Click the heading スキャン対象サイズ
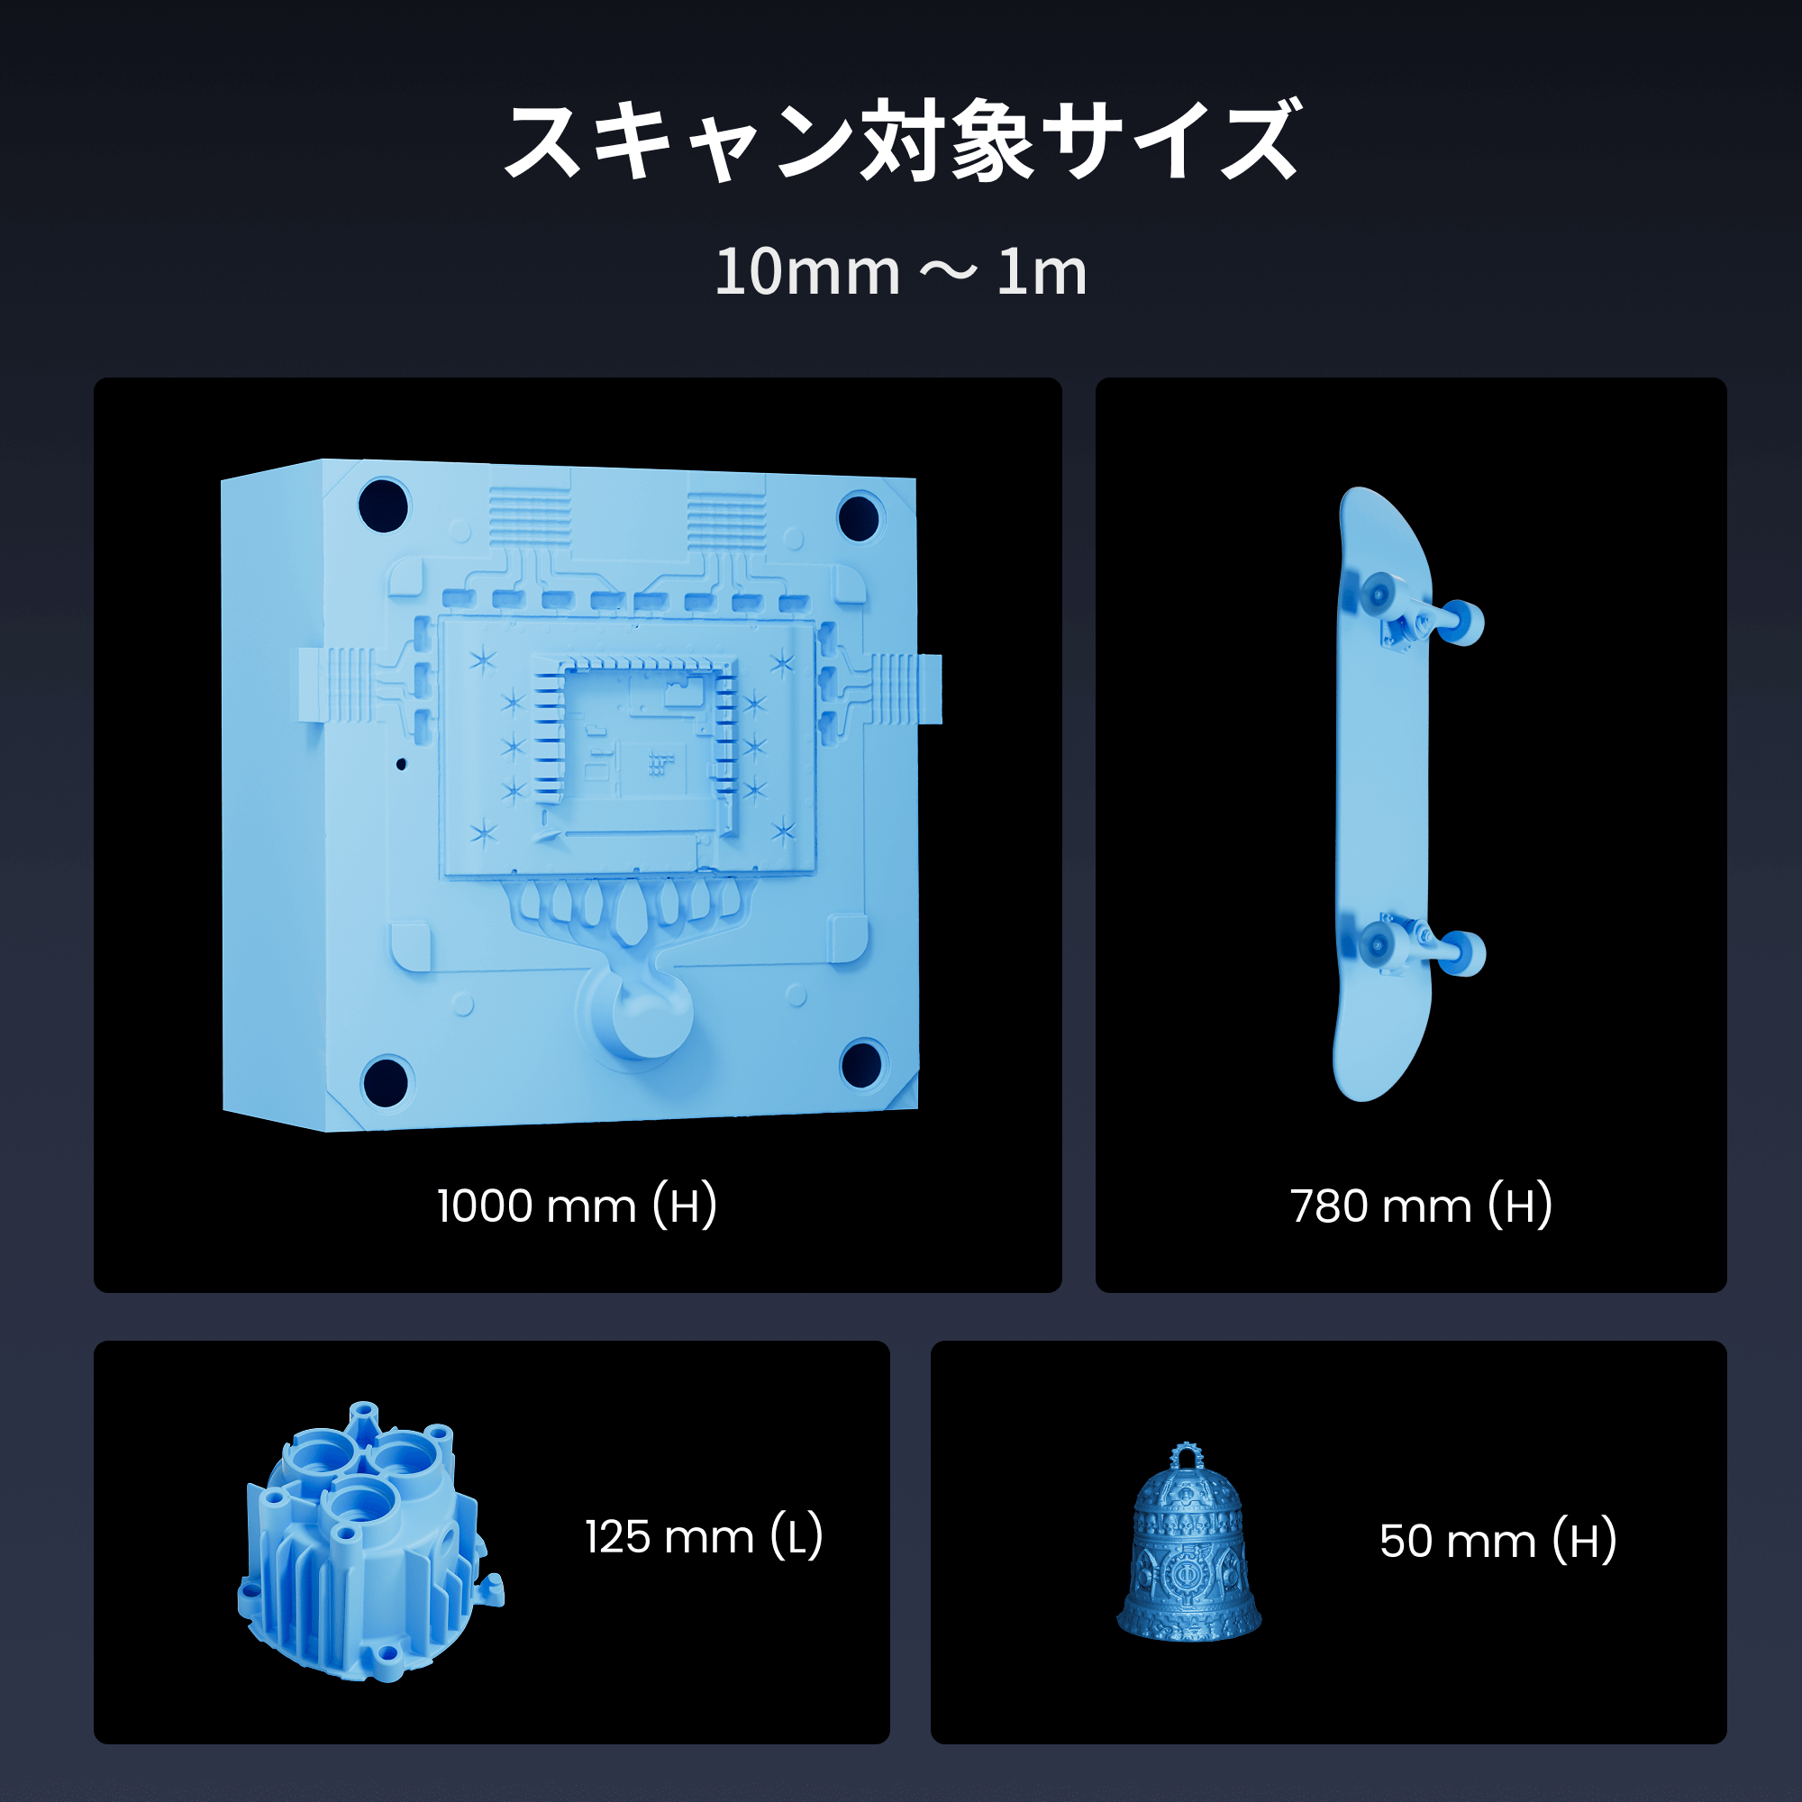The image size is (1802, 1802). tap(901, 141)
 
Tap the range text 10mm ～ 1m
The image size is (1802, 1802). tap(901, 272)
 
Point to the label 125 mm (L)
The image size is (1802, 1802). tap(705, 1536)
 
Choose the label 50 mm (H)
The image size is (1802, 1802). tap(1498, 1540)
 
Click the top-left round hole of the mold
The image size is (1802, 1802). tap(383, 505)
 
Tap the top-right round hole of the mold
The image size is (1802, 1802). tap(858, 518)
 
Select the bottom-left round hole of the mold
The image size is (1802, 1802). tap(386, 1081)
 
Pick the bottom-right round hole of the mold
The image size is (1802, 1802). tap(860, 1064)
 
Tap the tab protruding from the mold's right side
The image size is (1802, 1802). tap(930, 688)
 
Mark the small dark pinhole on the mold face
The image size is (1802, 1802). tap(401, 764)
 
